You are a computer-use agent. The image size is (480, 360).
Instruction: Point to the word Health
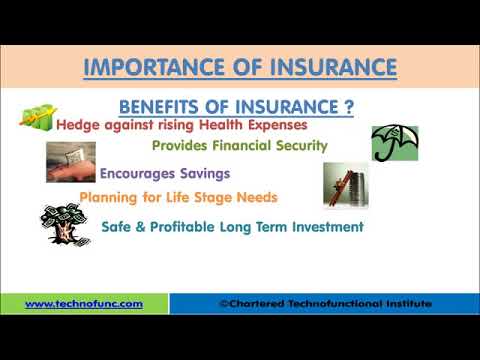tap(226, 126)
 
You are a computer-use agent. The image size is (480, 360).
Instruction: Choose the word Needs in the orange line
tap(256, 197)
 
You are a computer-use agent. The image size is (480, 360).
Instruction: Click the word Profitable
tap(186, 227)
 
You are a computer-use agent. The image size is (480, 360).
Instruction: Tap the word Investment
tap(326, 227)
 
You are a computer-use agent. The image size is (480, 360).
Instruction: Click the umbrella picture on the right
tap(394, 143)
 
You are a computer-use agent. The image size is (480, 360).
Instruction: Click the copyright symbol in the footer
tap(223, 303)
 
